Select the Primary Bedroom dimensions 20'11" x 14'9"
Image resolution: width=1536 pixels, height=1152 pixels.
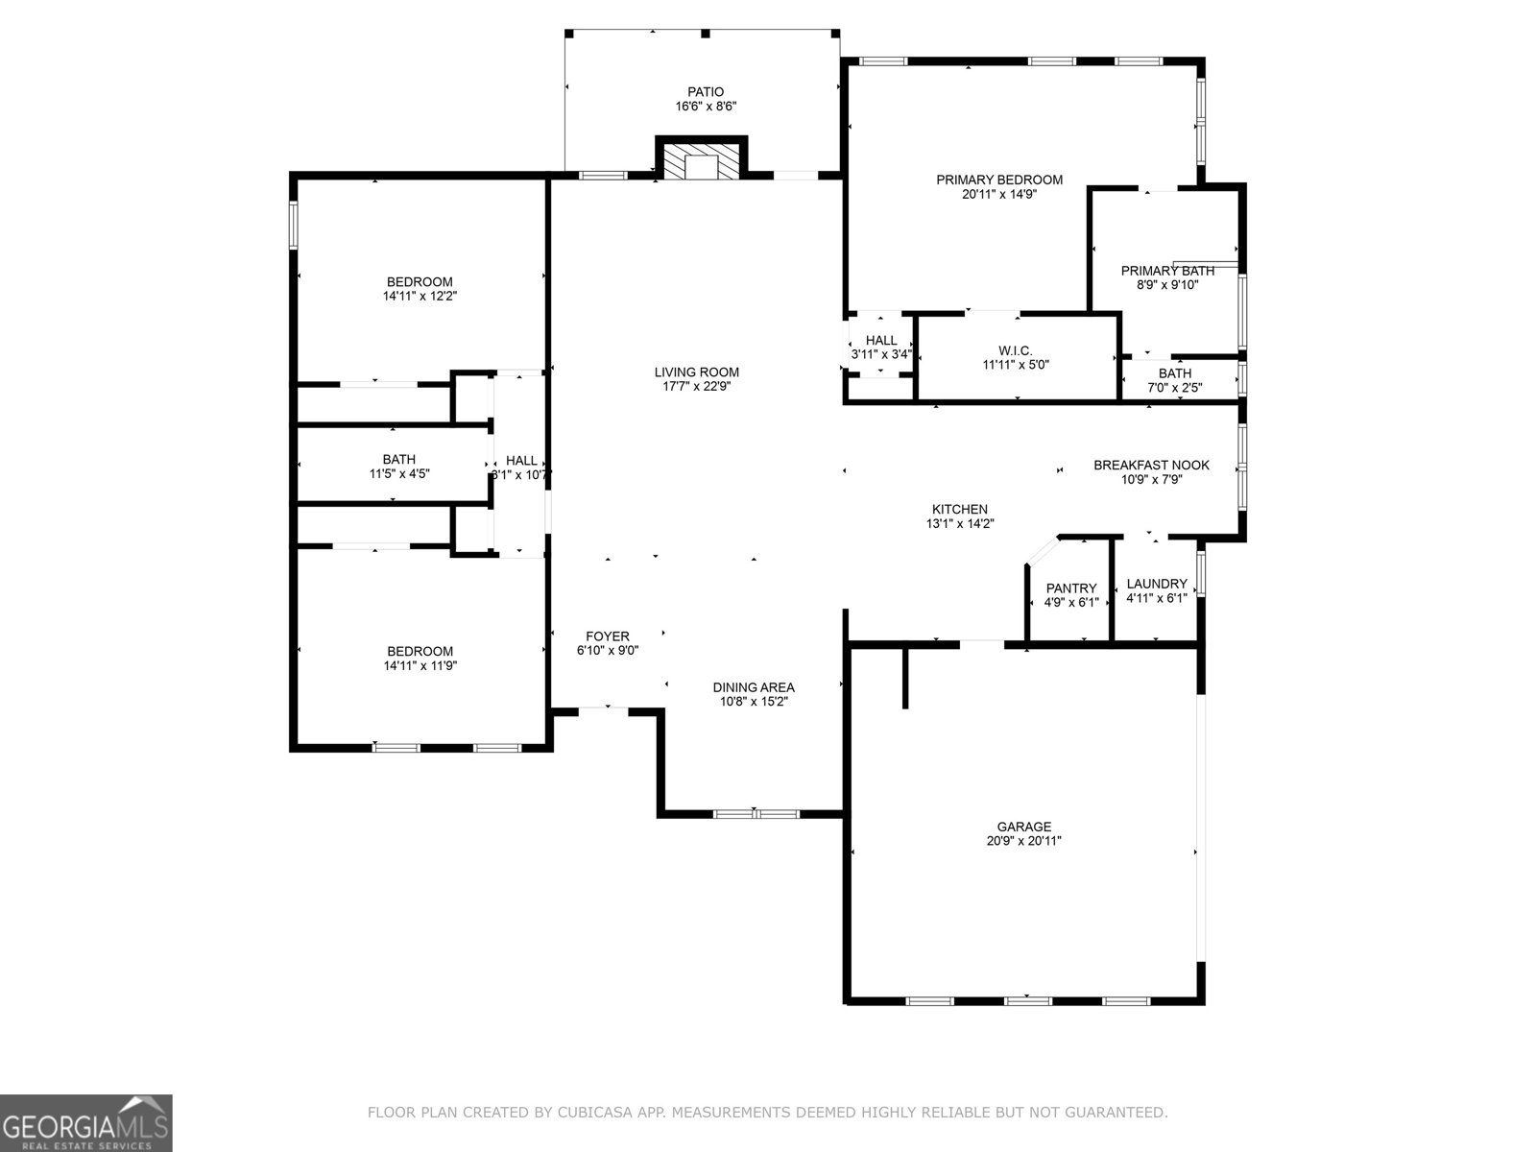(x=999, y=194)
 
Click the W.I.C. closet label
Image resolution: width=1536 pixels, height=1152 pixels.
(x=1016, y=350)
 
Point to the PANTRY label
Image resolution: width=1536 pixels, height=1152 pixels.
(x=1071, y=588)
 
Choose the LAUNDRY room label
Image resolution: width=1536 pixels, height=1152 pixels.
(x=1157, y=584)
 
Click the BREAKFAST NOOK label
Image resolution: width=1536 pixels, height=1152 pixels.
(x=1151, y=466)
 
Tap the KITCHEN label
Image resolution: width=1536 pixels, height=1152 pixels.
(x=960, y=510)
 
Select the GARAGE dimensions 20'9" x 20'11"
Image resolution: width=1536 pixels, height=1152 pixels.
(x=1024, y=841)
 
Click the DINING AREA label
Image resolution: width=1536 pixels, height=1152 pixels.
(x=754, y=687)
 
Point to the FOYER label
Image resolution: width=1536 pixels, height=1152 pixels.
(x=608, y=636)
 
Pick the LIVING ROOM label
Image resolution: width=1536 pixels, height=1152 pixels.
(x=697, y=372)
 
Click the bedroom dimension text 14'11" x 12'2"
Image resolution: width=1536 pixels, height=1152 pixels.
(x=420, y=297)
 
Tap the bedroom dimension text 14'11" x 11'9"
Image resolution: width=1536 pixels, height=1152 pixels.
(x=420, y=665)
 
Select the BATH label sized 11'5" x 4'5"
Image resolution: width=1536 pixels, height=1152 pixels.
(x=398, y=460)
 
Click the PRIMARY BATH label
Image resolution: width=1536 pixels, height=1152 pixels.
(x=1167, y=271)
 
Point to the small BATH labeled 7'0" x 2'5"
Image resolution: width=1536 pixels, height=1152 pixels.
(x=1175, y=373)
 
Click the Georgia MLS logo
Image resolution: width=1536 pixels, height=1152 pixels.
(x=86, y=1122)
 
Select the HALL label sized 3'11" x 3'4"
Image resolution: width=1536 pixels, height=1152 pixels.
(x=881, y=341)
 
